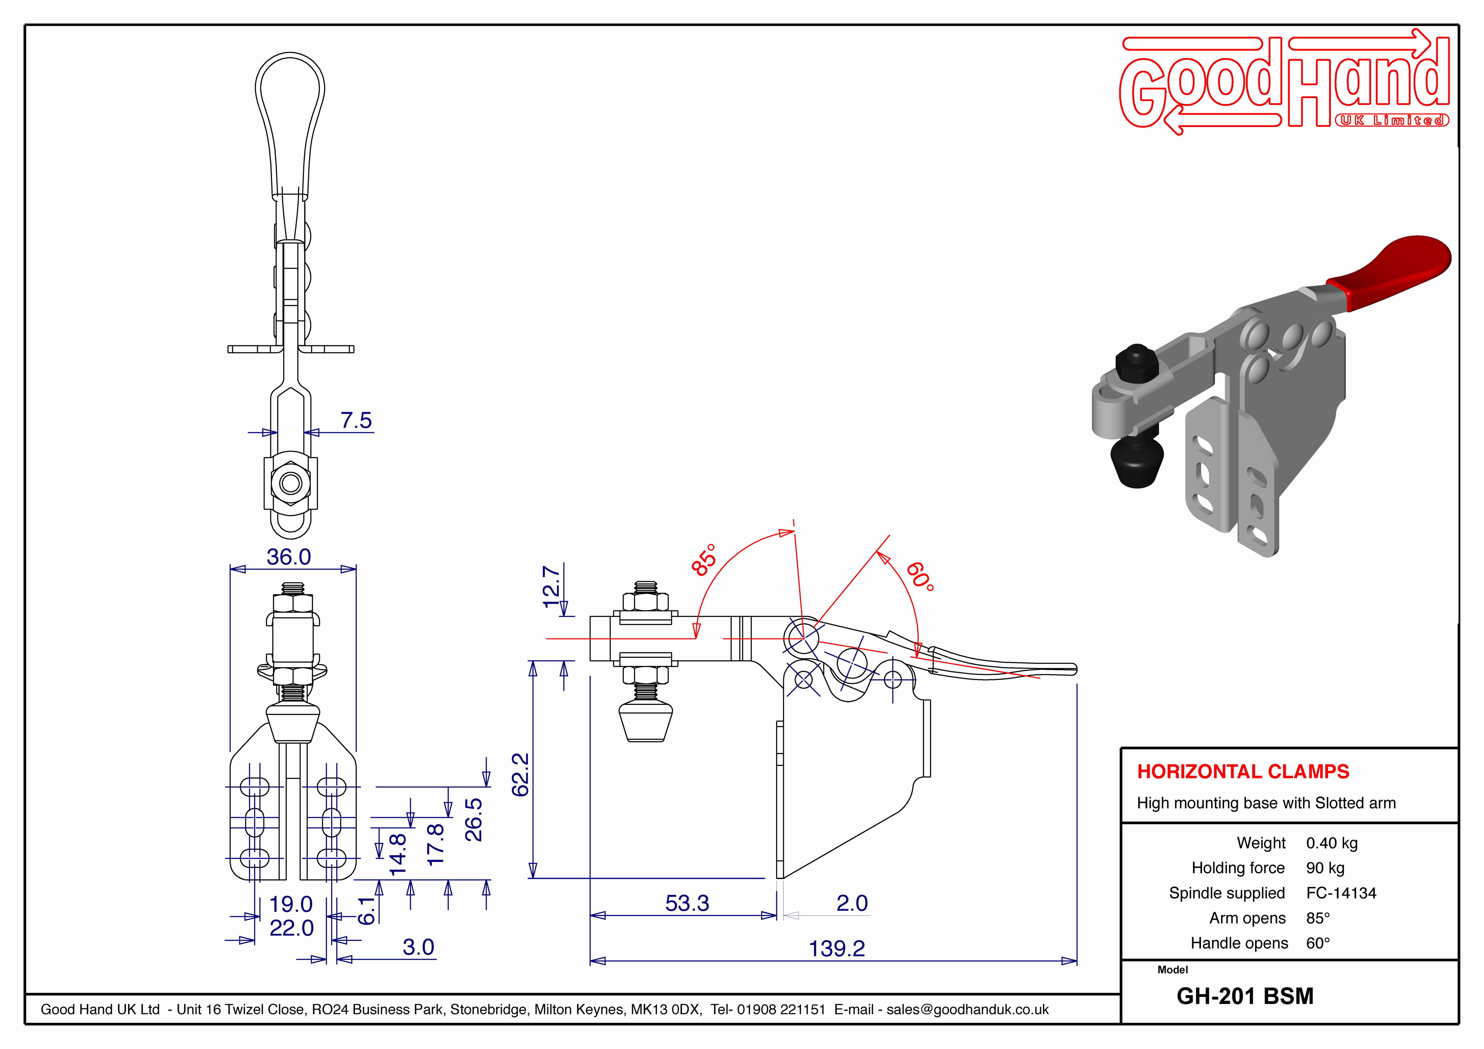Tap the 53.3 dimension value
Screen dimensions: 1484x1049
(687, 903)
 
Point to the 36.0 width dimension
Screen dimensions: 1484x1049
(289, 557)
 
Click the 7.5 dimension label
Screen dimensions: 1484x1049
(356, 420)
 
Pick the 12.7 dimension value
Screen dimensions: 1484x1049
(551, 586)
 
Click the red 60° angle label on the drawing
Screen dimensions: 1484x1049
(920, 577)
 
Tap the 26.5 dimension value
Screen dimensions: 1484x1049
(474, 820)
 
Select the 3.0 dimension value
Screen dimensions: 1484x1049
(418, 947)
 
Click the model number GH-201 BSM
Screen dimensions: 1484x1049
(1245, 996)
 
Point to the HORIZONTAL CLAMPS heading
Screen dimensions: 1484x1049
(1243, 771)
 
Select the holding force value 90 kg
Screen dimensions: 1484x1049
(1325, 868)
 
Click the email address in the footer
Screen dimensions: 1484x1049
(967, 1010)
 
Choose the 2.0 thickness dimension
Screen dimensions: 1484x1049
(852, 903)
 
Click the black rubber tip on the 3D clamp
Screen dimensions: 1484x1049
(1137, 464)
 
